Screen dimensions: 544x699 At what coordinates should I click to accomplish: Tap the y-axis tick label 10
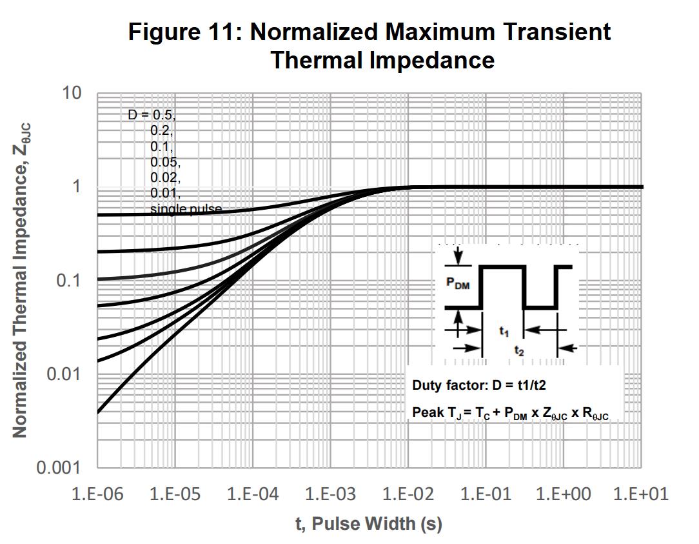point(72,93)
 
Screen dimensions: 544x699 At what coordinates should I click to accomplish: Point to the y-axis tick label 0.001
point(59,468)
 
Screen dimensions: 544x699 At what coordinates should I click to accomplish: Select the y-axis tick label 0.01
point(64,374)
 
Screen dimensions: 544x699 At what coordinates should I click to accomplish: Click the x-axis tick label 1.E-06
point(97,495)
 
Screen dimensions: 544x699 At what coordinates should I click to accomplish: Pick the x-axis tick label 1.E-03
point(330,495)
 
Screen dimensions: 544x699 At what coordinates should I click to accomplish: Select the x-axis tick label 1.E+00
point(563,495)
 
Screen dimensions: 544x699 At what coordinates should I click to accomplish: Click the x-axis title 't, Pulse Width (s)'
point(369,523)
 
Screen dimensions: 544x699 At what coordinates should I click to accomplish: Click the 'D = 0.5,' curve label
point(151,115)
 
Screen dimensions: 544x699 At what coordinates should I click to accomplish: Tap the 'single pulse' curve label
point(186,209)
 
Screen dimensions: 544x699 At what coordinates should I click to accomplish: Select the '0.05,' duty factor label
point(165,161)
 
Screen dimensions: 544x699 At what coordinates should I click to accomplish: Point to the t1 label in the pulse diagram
point(504,332)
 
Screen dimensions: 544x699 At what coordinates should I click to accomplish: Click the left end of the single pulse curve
point(98,412)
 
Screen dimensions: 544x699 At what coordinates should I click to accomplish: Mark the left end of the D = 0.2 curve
point(98,252)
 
